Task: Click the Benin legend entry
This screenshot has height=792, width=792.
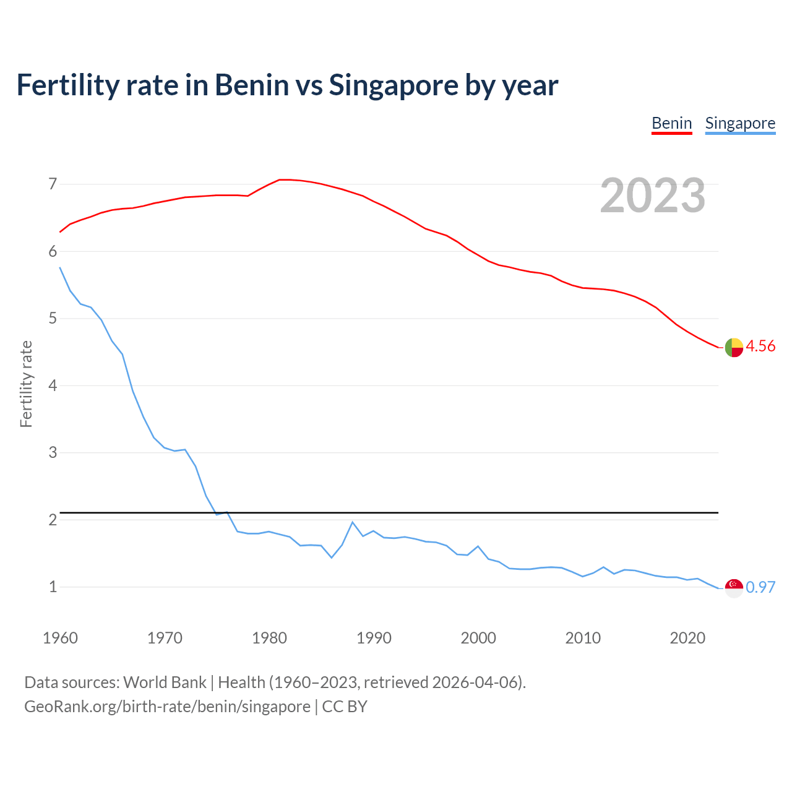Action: tap(671, 123)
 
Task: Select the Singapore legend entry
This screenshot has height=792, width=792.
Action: tap(740, 123)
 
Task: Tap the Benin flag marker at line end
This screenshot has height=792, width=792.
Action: tap(734, 347)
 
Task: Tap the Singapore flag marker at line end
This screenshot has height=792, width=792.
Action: tap(734, 588)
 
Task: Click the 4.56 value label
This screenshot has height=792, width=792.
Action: tap(760, 346)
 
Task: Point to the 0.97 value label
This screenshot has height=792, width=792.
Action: tap(760, 587)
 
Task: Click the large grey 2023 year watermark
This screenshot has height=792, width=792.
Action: tap(652, 196)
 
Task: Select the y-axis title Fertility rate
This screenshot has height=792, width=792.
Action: tap(26, 384)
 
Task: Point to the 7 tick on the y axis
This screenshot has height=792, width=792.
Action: tap(53, 184)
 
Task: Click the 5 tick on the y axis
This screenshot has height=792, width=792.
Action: tap(53, 319)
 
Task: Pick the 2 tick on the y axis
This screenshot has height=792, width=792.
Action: tap(53, 520)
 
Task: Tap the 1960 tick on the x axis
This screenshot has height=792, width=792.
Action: tap(60, 638)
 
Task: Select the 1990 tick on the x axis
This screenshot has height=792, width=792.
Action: tap(374, 638)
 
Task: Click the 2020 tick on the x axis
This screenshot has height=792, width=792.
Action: tap(687, 638)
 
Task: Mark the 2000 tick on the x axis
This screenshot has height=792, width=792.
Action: tap(478, 638)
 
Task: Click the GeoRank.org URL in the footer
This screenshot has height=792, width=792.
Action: tap(167, 707)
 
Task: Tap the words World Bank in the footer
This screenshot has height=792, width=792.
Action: tap(165, 682)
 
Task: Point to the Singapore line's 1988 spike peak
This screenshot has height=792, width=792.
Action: tap(353, 522)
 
